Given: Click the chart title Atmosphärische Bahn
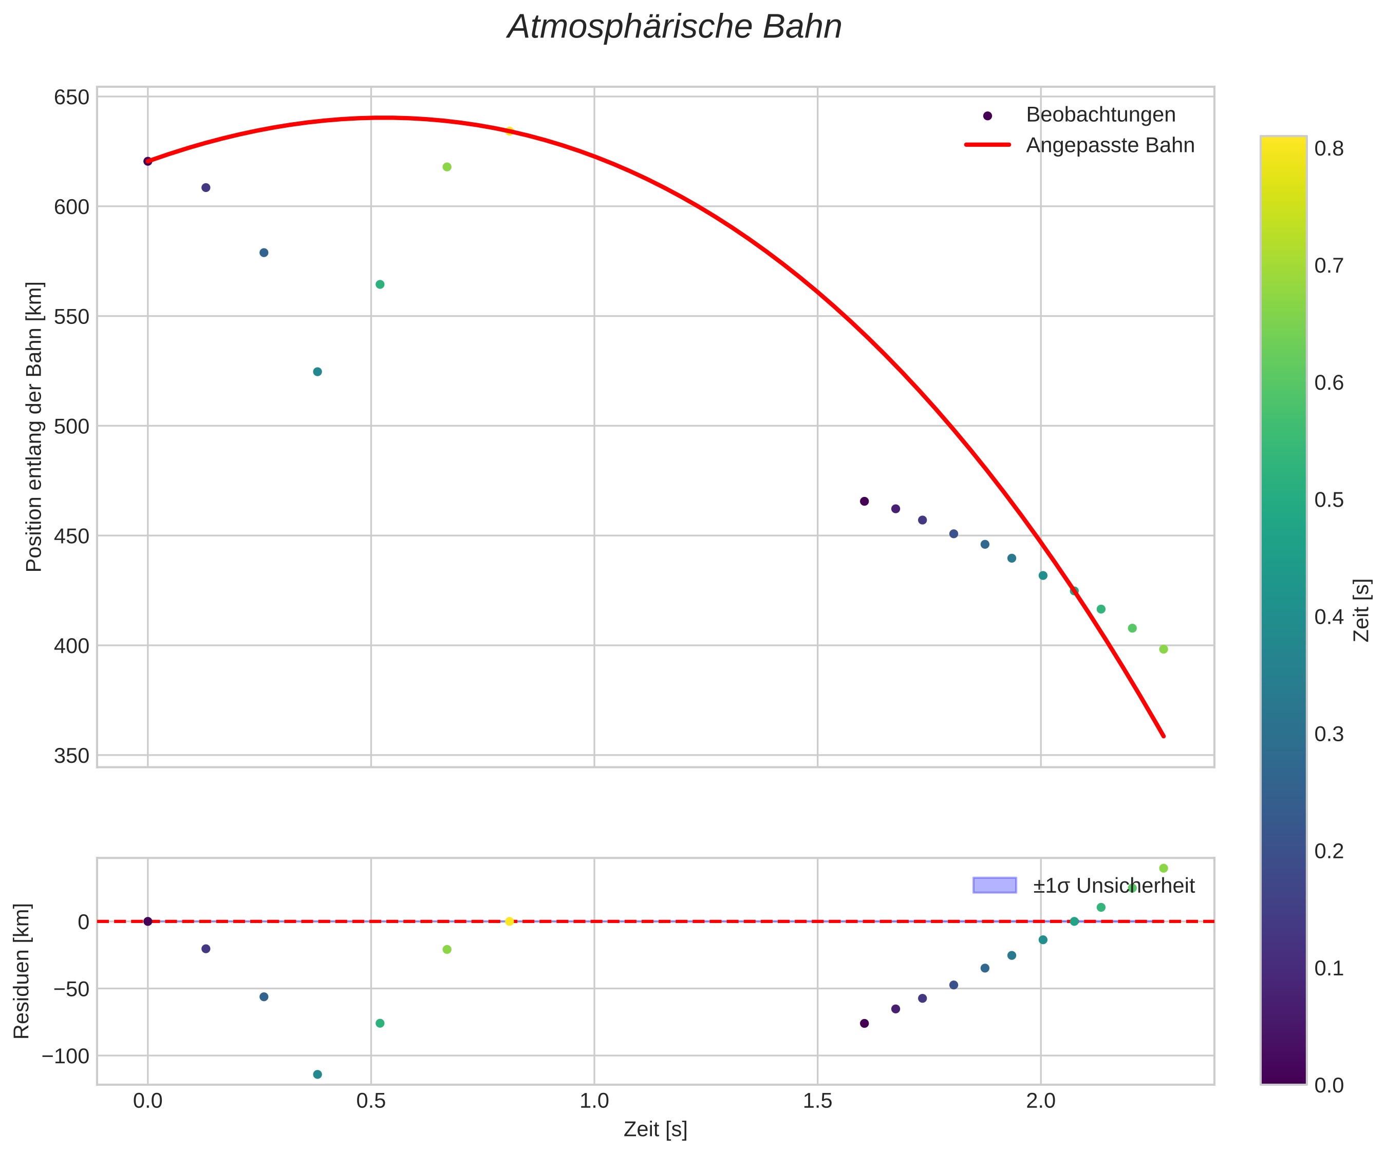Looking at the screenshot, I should click(x=674, y=28).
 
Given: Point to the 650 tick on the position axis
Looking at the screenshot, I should click(x=71, y=98).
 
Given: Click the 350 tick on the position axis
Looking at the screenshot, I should click(x=71, y=756).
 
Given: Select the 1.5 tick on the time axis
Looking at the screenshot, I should click(x=817, y=1101).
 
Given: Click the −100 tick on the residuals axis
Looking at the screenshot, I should click(x=65, y=1056).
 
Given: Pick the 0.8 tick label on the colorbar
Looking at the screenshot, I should click(x=1329, y=149).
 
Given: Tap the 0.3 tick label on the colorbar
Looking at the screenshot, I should click(x=1329, y=734).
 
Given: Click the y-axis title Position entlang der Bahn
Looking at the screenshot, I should click(x=34, y=427).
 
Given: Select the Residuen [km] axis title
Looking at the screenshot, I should click(x=22, y=970).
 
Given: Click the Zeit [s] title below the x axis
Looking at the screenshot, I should click(x=655, y=1129).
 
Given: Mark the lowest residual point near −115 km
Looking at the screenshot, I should click(x=317, y=1074).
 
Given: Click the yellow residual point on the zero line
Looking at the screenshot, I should click(x=509, y=921).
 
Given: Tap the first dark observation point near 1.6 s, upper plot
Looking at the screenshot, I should click(x=864, y=501).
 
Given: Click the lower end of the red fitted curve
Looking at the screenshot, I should click(x=1164, y=736).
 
